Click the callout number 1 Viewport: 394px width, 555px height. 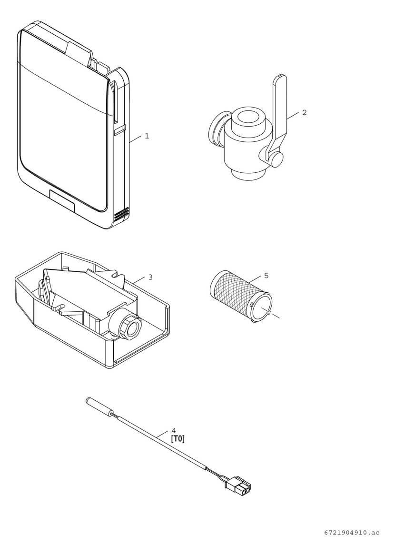(x=147, y=136)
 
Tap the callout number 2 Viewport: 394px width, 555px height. (x=305, y=112)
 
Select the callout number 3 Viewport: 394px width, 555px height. (x=150, y=277)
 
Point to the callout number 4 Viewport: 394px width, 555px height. (x=173, y=430)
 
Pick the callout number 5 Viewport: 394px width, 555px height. (x=266, y=275)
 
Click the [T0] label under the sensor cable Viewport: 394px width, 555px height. (x=177, y=439)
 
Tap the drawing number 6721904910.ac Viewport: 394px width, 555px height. (x=352, y=533)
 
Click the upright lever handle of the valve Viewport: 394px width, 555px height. (x=280, y=105)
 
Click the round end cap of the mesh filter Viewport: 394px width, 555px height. (x=262, y=307)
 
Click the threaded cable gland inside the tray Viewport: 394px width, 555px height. (x=130, y=327)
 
